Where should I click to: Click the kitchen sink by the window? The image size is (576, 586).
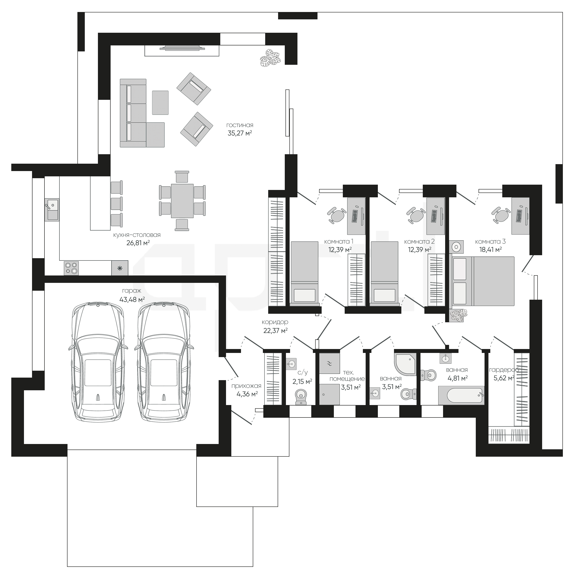(x=52, y=210)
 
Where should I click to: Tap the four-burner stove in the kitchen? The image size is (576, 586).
(x=71, y=268)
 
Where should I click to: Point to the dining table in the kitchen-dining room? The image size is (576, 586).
(x=182, y=201)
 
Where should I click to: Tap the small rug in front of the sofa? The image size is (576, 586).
(x=160, y=103)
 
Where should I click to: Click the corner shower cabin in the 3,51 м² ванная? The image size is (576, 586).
(x=405, y=364)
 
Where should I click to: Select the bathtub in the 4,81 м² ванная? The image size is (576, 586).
(x=461, y=395)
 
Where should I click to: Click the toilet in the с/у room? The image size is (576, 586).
(x=301, y=397)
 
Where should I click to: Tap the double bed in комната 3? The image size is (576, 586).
(x=483, y=281)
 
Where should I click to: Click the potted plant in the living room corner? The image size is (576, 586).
(x=271, y=57)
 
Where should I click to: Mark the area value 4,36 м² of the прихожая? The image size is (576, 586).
(x=247, y=394)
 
